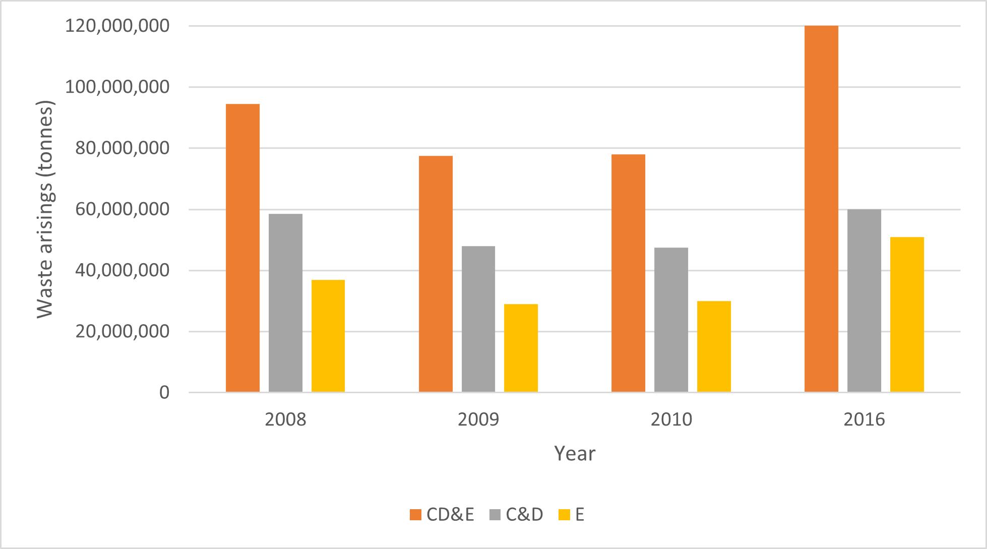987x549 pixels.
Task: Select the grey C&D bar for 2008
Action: [x=285, y=303]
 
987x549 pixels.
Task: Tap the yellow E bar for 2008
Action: [x=328, y=336]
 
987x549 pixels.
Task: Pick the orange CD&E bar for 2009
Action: [x=436, y=274]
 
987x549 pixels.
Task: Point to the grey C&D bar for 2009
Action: [x=478, y=319]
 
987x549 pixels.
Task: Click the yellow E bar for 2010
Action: [x=714, y=346]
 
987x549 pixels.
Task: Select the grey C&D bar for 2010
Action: [x=671, y=320]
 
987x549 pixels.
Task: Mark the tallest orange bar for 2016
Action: [x=821, y=209]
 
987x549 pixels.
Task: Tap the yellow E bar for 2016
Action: [x=907, y=315]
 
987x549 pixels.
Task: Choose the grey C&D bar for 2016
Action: [x=864, y=300]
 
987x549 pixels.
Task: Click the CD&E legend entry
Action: [x=442, y=515]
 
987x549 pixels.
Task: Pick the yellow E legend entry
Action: [x=572, y=515]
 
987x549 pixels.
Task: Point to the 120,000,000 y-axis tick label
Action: [x=117, y=26]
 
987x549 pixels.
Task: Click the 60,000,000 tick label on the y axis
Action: [x=122, y=209]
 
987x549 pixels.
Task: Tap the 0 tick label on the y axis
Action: [x=164, y=393]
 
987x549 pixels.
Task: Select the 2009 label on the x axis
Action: [x=478, y=419]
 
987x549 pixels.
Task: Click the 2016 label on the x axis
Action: [x=864, y=419]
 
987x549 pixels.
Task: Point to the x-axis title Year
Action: [x=575, y=454]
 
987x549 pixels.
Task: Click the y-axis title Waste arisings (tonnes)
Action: [x=45, y=209]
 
